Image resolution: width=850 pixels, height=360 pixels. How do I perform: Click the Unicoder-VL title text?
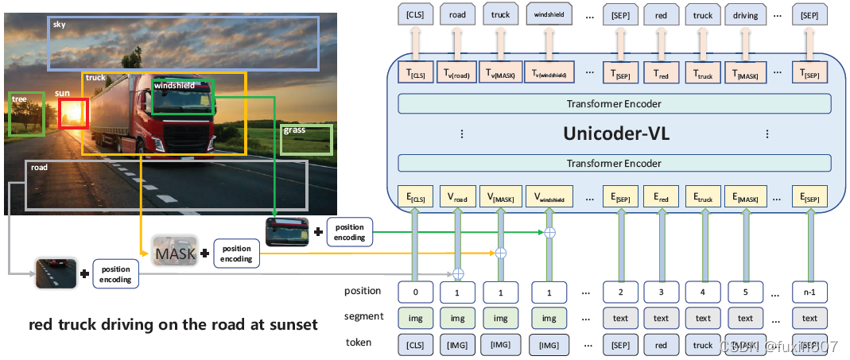point(616,134)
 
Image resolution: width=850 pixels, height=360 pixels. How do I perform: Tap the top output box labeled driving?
point(745,14)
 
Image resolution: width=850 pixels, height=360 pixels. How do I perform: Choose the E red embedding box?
point(662,195)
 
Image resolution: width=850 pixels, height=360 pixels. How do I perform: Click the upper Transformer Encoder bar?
point(614,103)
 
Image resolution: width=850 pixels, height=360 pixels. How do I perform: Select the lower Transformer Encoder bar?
point(614,163)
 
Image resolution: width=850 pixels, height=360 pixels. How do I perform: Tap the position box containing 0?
point(416,292)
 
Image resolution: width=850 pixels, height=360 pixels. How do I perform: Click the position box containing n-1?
point(809,292)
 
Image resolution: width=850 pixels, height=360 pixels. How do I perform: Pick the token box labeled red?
point(662,345)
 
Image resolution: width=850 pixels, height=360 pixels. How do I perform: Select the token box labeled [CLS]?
point(416,345)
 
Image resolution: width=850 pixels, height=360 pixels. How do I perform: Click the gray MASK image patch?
point(174,252)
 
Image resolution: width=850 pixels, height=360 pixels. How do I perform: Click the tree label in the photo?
point(19,99)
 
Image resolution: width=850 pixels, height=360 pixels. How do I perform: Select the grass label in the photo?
point(293,130)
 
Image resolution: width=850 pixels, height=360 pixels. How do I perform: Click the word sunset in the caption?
point(290,325)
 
